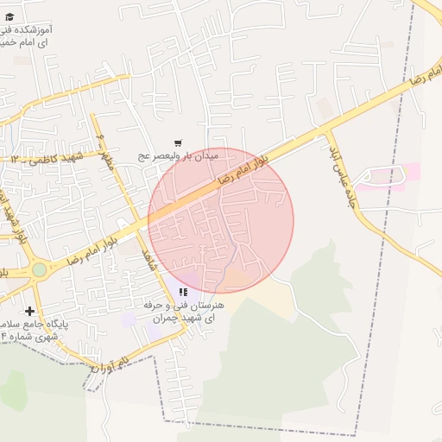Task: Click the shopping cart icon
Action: click(x=178, y=143)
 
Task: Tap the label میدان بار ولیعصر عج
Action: click(x=180, y=156)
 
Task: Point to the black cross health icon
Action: click(x=30, y=311)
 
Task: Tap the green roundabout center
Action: click(x=39, y=270)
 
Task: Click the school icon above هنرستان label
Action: click(x=183, y=293)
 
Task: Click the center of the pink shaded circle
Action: click(x=221, y=221)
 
